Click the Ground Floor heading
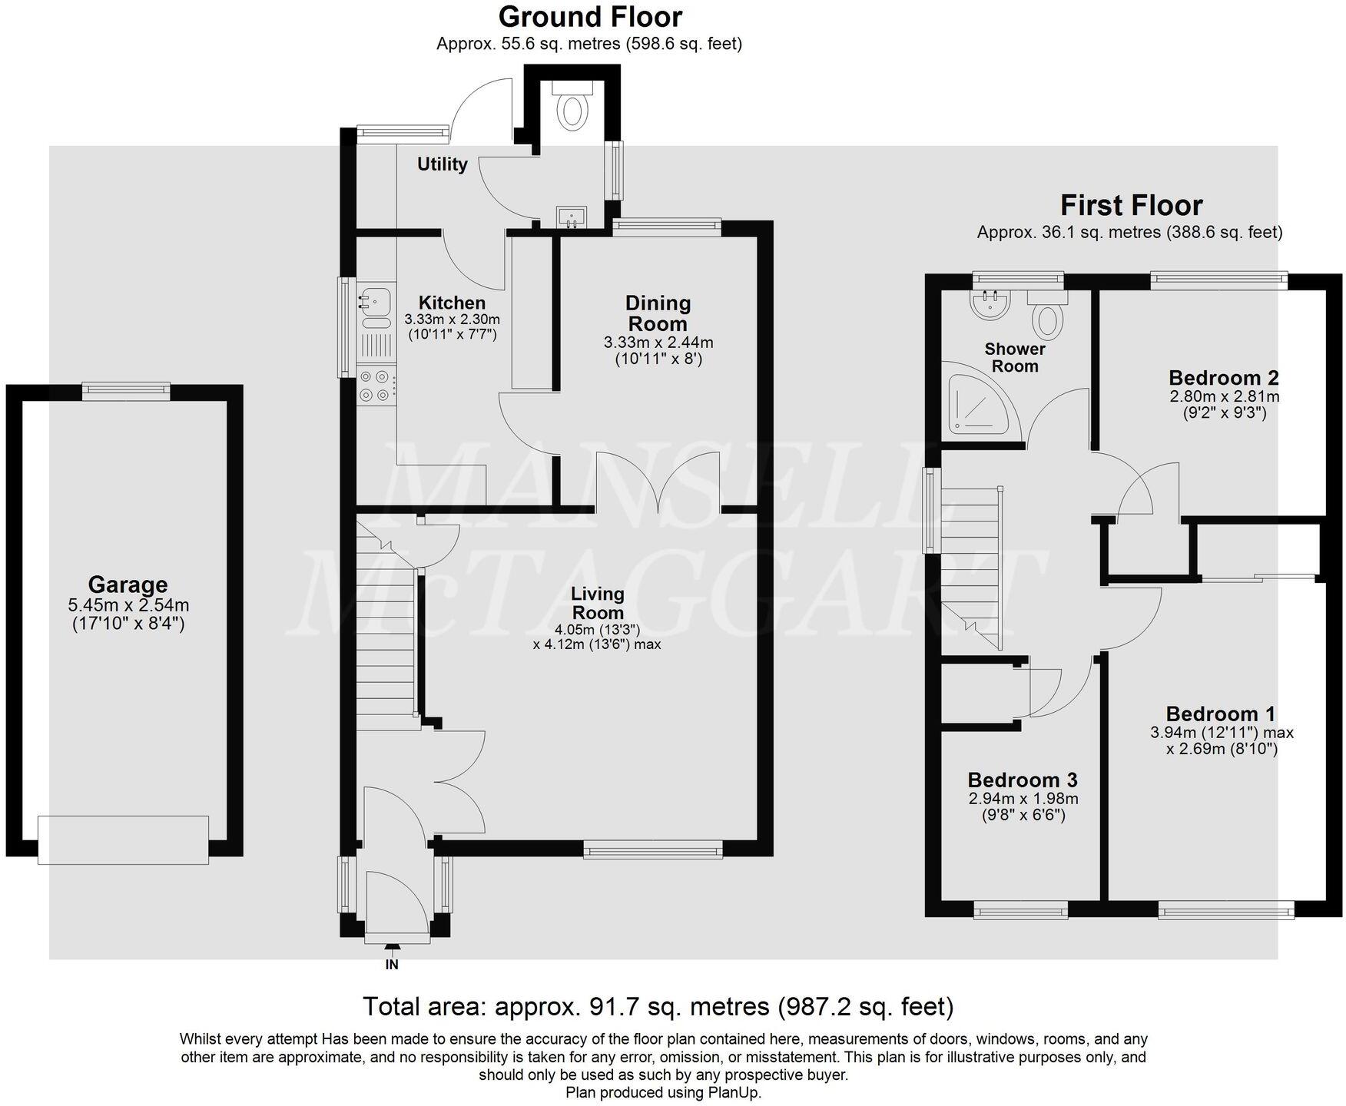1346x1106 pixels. pos(590,16)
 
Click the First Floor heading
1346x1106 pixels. pos(1131,205)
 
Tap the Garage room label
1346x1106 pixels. pos(128,585)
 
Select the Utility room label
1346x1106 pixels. pos(443,164)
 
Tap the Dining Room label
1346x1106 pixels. pos(658,313)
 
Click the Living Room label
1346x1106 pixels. pos(597,603)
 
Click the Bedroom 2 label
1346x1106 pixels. pos(1223,378)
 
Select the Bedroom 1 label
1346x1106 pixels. pos(1221,714)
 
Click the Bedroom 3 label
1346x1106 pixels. pos(1023,780)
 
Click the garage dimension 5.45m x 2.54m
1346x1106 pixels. pos(128,606)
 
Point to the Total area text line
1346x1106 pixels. pos(658,1005)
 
